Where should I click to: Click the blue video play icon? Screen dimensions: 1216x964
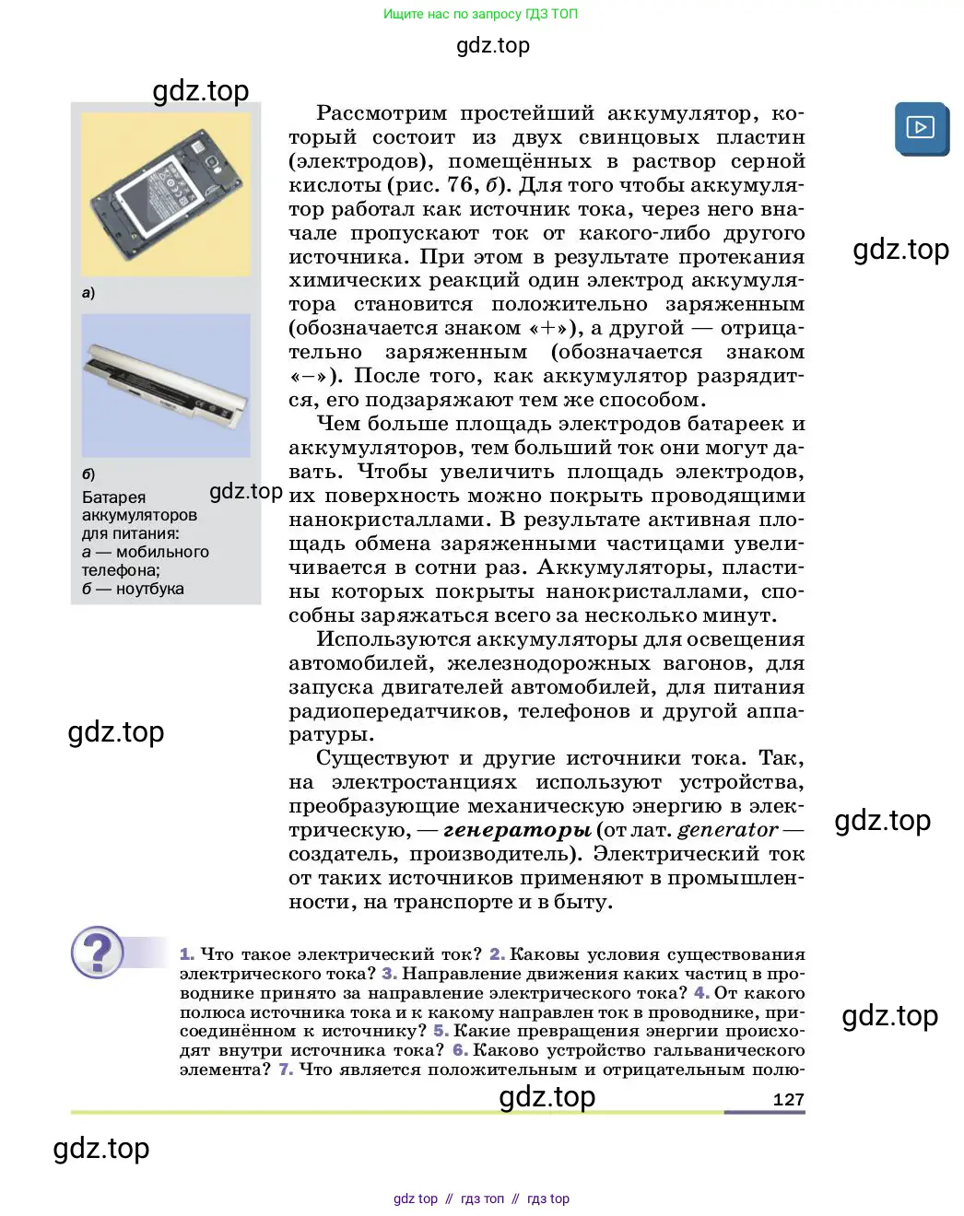point(921,128)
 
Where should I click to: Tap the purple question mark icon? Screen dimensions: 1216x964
point(97,952)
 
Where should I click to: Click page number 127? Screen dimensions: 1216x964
point(788,1099)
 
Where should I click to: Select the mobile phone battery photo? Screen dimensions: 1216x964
point(166,194)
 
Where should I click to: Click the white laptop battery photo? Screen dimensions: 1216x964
point(166,386)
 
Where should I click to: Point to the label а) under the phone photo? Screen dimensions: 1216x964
point(88,293)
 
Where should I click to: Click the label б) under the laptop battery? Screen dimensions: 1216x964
point(88,474)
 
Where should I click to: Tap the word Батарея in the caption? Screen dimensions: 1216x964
point(113,497)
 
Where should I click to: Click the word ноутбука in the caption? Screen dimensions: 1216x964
point(149,589)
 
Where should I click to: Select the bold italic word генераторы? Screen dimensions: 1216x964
point(517,830)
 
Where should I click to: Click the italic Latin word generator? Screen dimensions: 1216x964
point(727,830)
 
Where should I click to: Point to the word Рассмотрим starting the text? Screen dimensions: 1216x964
point(382,113)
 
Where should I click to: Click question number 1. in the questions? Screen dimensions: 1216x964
point(187,954)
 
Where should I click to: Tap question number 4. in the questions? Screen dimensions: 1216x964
point(701,993)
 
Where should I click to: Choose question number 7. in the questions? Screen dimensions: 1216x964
point(286,1070)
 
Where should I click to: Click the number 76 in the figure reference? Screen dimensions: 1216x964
point(459,185)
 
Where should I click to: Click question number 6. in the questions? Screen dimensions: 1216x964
point(460,1050)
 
